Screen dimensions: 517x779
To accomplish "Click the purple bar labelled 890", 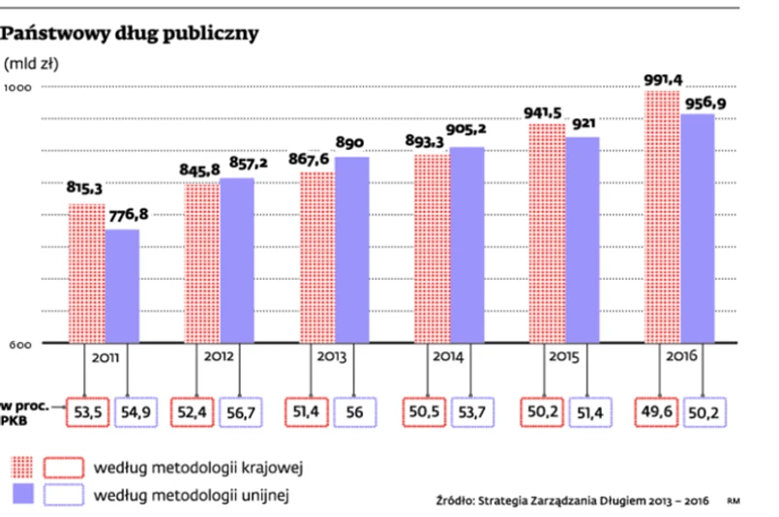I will tap(351, 249).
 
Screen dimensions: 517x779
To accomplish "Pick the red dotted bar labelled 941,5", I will tap(547, 233).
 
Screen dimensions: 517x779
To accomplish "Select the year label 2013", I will tap(331, 356).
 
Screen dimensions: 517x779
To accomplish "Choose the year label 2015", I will tap(563, 356).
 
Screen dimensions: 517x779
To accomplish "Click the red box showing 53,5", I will tap(87, 413).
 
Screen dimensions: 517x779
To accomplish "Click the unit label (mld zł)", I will tap(32, 65).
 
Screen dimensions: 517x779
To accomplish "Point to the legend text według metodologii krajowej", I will tap(199, 469).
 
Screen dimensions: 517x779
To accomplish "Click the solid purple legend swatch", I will tap(28, 497).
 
